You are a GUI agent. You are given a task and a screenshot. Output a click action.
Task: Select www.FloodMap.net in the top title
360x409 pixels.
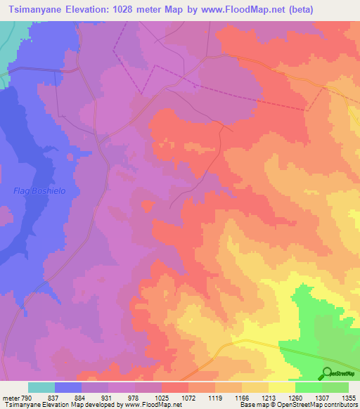[x=243, y=9]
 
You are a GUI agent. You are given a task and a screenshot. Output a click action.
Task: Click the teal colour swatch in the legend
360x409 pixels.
[x=41, y=387]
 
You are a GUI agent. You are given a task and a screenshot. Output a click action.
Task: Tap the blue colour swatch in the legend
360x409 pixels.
[x=68, y=387]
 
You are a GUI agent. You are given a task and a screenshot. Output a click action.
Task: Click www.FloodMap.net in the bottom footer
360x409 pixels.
[x=150, y=405]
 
